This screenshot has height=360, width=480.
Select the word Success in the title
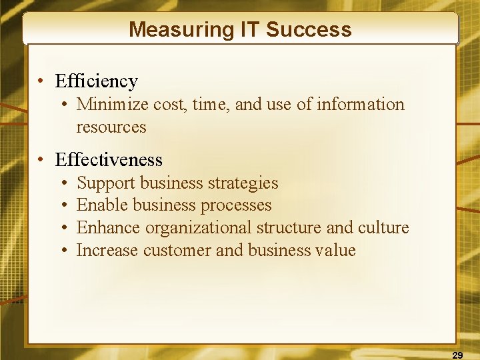point(309,29)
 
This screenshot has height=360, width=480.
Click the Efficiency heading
point(97,81)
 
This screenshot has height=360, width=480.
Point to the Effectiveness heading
point(109,160)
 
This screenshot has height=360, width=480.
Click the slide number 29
point(457,354)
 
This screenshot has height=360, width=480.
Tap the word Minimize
point(113,105)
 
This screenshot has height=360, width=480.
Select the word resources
point(111,127)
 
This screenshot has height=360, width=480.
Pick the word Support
point(106,183)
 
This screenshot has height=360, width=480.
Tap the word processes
point(236,205)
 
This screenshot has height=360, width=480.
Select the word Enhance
point(109,228)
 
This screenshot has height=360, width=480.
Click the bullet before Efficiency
point(41,82)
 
